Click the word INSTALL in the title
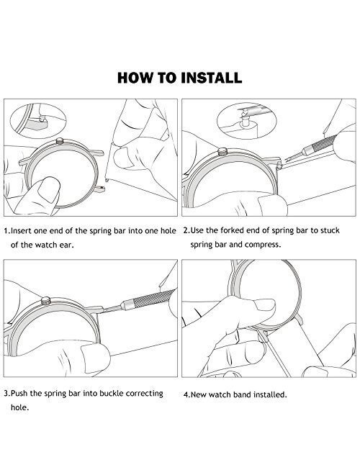click(x=211, y=78)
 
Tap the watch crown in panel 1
click(x=60, y=141)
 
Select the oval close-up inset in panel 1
click(x=38, y=121)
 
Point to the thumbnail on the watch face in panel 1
click(x=48, y=191)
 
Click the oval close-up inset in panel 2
click(x=247, y=121)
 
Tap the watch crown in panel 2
click(x=222, y=151)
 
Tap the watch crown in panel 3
click(x=46, y=301)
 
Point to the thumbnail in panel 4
click(x=264, y=304)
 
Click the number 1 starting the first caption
click(x=6, y=231)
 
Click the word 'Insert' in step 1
click(x=21, y=231)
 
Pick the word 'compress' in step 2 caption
click(x=261, y=245)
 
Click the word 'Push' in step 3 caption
click(x=19, y=394)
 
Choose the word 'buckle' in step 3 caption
click(x=112, y=394)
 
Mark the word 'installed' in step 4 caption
click(x=269, y=394)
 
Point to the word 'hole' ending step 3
click(x=19, y=407)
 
